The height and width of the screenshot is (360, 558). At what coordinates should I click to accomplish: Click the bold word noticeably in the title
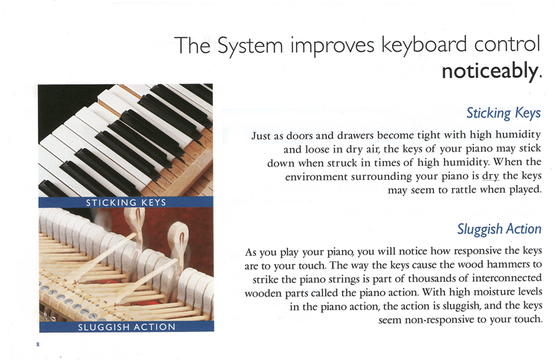click(490, 71)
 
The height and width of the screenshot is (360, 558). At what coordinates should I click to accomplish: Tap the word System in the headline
click(250, 46)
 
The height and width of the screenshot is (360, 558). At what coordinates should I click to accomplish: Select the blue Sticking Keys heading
click(504, 113)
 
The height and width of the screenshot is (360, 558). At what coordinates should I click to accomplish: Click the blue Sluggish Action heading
click(499, 229)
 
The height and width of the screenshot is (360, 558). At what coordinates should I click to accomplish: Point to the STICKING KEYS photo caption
click(126, 203)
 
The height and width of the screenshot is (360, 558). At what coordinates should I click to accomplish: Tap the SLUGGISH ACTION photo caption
click(126, 327)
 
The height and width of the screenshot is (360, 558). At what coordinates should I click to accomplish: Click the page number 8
click(38, 344)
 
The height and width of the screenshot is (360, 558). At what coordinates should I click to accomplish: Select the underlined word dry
click(491, 176)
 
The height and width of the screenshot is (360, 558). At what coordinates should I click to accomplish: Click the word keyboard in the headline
click(424, 45)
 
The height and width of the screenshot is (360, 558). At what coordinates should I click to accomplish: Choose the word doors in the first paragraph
click(300, 136)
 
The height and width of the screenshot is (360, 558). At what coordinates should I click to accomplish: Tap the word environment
click(316, 177)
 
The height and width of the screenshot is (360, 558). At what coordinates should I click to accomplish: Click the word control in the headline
click(507, 44)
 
